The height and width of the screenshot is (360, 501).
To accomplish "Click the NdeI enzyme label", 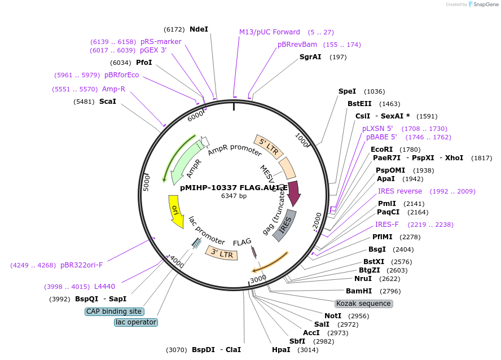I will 199,29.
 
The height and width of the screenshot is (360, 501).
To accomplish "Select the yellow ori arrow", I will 175,211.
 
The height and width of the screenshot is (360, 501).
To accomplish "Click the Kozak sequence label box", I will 363,304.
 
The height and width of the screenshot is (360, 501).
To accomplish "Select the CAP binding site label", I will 115,311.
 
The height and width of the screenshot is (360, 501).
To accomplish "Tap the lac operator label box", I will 135,322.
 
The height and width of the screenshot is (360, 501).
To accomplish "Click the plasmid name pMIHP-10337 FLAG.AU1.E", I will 234,188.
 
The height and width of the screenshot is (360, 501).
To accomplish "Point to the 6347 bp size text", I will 234,196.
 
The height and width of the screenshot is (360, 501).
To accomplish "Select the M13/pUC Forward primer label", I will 270,32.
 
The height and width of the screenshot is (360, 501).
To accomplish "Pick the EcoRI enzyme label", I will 381,150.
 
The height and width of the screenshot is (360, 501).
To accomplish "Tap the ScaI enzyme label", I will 107,102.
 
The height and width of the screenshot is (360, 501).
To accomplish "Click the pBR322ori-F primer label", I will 85,265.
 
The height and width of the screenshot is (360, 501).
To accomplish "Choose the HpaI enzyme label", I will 281,350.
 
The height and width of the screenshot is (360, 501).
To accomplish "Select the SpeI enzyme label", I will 347,91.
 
